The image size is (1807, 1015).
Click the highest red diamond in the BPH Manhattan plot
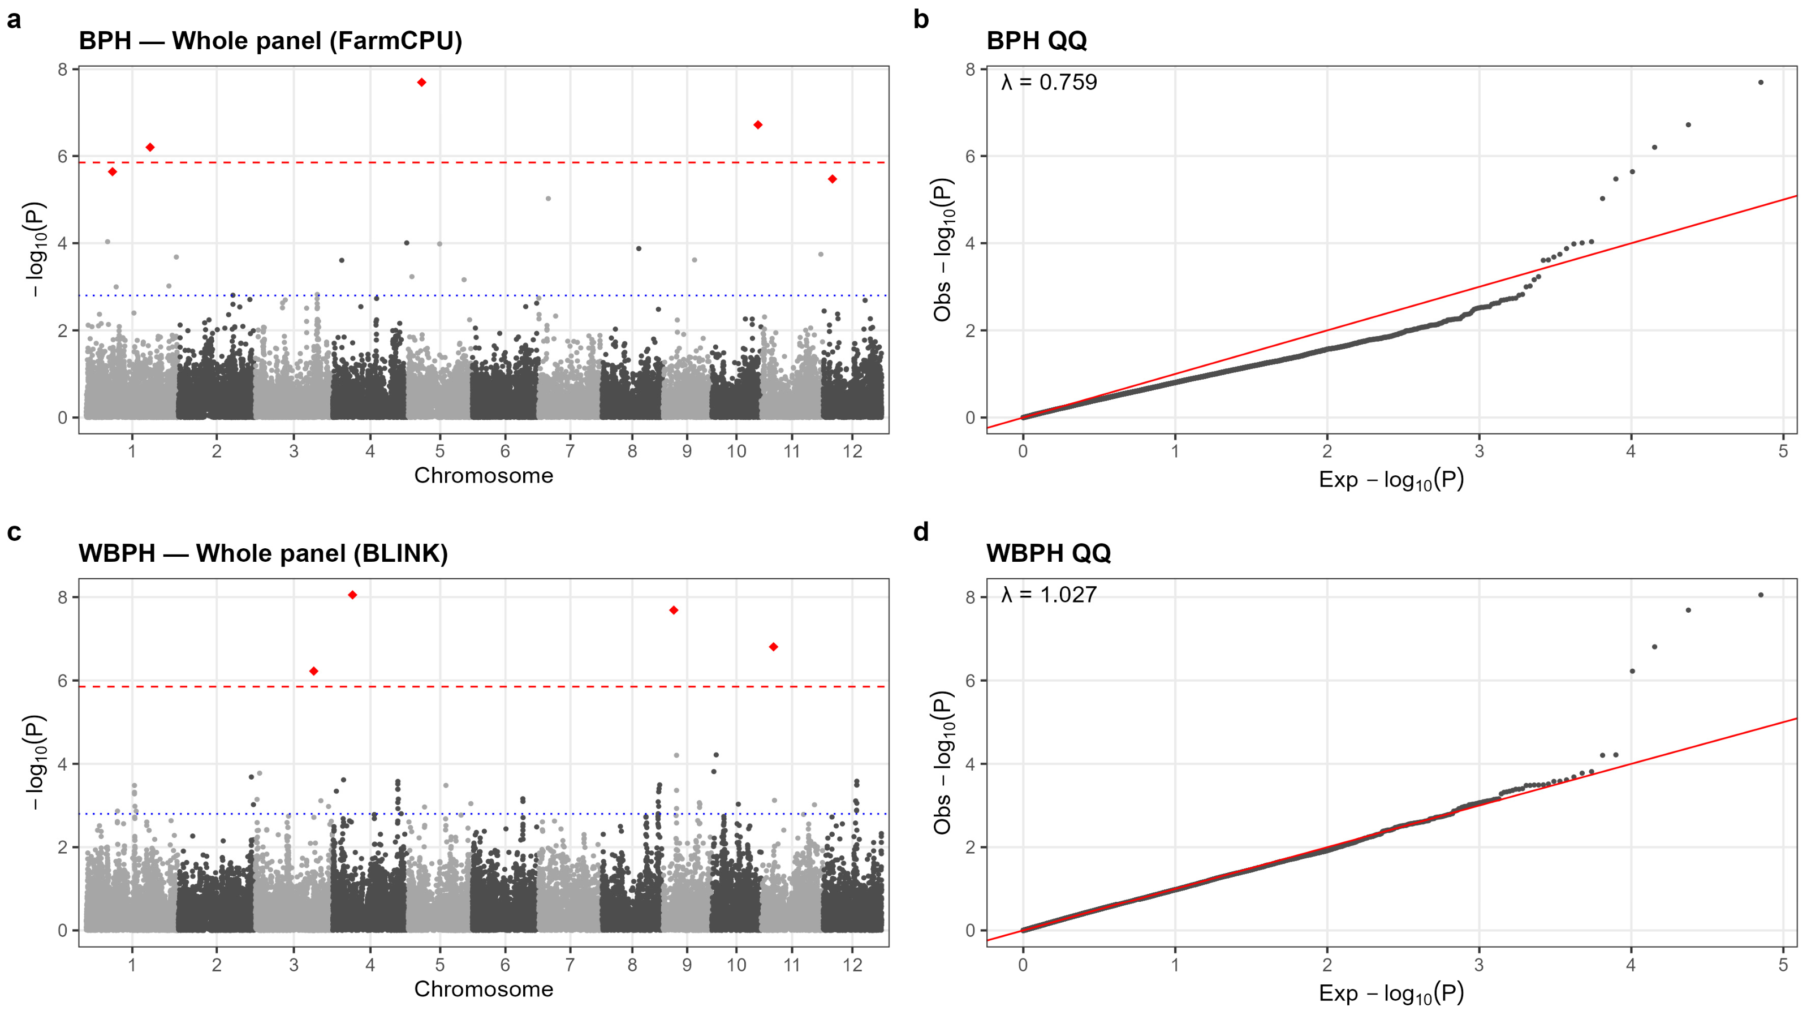click(x=421, y=82)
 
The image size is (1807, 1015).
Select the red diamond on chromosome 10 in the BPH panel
click(x=758, y=125)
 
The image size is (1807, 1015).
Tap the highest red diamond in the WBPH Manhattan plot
click(x=353, y=595)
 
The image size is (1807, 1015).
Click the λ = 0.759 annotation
click(x=1049, y=82)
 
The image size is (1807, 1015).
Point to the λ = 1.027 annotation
click(x=1049, y=595)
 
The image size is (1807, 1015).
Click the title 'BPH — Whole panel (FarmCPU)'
click(x=271, y=41)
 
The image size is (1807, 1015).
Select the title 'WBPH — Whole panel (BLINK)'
click(x=263, y=553)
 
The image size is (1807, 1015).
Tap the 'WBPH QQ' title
click(x=1049, y=553)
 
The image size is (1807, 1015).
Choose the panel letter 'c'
click(x=14, y=533)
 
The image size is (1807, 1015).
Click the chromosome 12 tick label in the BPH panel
click(x=852, y=451)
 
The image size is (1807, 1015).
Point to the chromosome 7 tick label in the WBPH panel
click(x=570, y=965)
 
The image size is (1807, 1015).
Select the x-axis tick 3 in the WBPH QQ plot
click(x=1479, y=965)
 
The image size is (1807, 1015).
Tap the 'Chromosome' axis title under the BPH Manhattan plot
click(x=484, y=476)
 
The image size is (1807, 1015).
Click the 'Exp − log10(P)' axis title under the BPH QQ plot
click(x=1391, y=480)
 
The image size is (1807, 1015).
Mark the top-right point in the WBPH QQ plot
click(x=1761, y=595)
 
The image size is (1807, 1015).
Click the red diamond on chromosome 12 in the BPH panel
click(x=832, y=179)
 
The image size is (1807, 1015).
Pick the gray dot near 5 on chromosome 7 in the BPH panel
click(x=548, y=199)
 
